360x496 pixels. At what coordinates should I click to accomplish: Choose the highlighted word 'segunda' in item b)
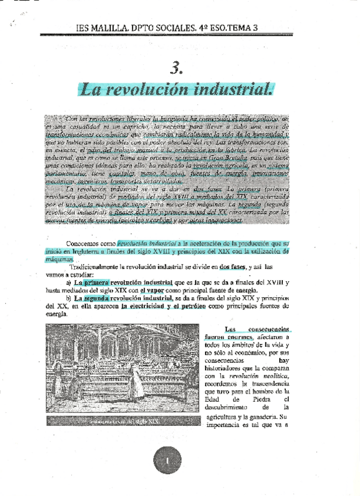tap(98, 298)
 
